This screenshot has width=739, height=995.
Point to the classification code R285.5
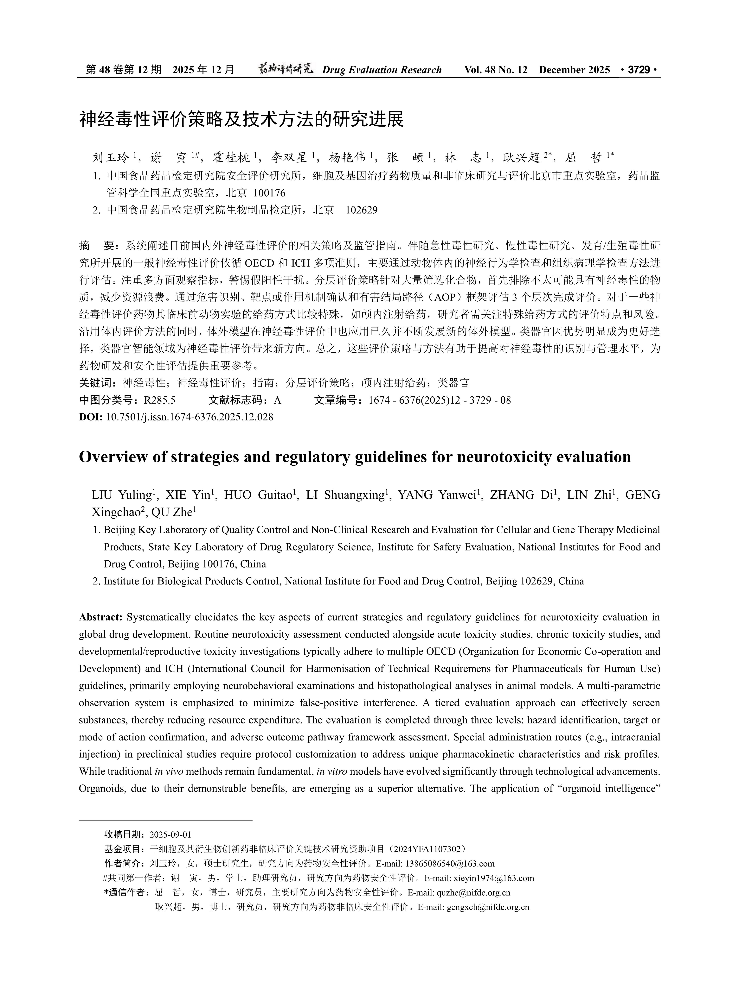point(160,400)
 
